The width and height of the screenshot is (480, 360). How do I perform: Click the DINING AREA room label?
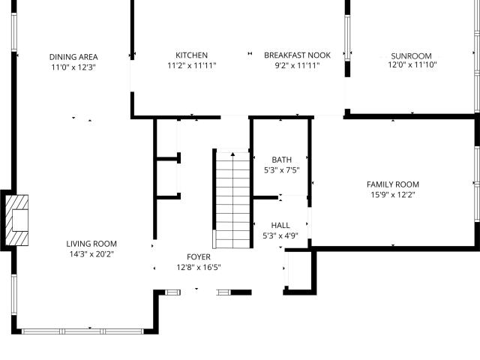point(73,57)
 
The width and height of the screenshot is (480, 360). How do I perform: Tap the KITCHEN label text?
point(192,55)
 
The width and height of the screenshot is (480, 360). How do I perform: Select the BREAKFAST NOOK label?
point(297,55)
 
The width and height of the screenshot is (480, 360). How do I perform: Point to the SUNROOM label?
point(412,56)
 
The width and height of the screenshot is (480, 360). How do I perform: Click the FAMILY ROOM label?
point(393,184)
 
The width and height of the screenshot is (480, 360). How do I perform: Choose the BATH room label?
point(282,160)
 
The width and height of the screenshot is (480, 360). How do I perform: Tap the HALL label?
point(280,225)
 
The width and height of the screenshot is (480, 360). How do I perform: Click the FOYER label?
point(199,256)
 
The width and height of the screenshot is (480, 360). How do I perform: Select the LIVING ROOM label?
point(91,244)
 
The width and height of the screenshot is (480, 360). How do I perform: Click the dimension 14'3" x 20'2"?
point(91,254)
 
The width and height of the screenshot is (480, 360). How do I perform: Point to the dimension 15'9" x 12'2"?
point(393,195)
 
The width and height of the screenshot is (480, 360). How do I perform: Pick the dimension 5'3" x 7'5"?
point(282,170)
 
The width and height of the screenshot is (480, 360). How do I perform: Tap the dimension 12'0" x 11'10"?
point(412,64)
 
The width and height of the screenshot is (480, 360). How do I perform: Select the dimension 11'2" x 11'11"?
point(192,65)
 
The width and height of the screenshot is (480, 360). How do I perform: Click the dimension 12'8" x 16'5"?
point(199,267)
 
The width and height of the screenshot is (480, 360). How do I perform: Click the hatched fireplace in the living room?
point(17,220)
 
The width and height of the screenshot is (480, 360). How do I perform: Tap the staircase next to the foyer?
point(233,199)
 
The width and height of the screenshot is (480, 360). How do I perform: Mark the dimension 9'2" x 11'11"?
point(297,65)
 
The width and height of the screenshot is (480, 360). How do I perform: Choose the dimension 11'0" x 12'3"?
point(73,67)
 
